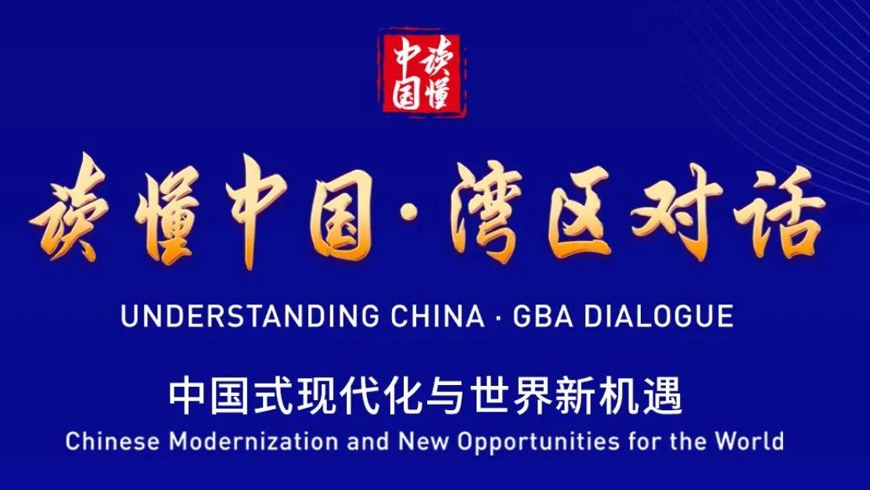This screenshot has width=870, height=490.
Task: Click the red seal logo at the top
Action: tap(422, 73)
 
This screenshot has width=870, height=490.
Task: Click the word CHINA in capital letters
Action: tap(436, 316)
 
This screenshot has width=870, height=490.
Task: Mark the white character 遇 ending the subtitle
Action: tap(667, 397)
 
